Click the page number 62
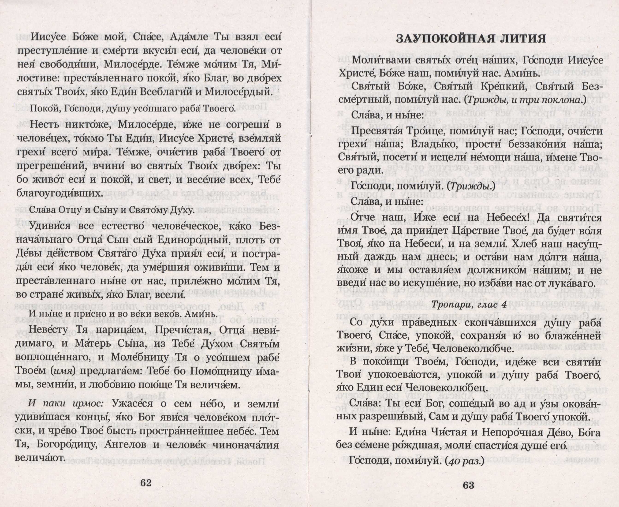(x=146, y=483)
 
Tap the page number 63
(x=468, y=485)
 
